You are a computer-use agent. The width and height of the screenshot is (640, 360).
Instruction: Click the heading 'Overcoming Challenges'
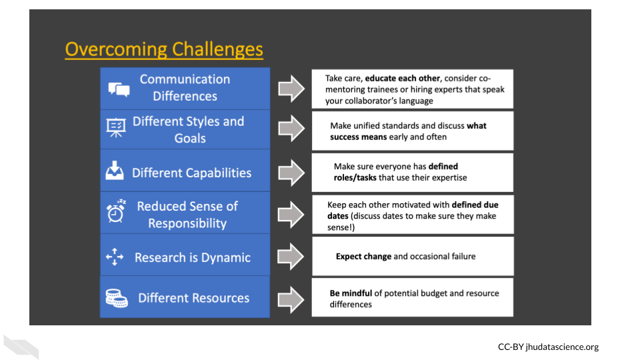[x=164, y=49]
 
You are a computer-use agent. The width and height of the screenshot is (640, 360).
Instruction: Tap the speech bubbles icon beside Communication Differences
[x=118, y=89]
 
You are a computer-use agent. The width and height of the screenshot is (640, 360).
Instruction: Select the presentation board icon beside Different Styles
[x=117, y=128]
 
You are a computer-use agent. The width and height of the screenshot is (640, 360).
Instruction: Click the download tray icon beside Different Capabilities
[x=115, y=171]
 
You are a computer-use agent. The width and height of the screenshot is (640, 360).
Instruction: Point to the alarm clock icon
[x=116, y=211]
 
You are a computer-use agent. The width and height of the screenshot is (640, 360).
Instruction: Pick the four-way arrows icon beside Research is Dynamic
[x=115, y=257]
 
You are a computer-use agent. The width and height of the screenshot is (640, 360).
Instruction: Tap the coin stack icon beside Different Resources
[x=117, y=298]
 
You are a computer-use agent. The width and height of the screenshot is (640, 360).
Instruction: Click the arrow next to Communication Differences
[x=291, y=89]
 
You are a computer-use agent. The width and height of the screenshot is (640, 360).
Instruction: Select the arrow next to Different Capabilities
[x=291, y=172]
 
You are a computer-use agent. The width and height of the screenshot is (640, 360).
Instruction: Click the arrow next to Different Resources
[x=291, y=298]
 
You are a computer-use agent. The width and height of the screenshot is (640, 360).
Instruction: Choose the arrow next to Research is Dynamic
[x=291, y=257]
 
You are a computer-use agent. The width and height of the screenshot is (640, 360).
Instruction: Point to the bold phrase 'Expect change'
[x=363, y=256]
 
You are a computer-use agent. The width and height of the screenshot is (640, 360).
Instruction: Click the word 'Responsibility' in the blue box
[x=187, y=223]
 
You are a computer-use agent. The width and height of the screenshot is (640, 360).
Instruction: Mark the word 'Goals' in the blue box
[x=190, y=139]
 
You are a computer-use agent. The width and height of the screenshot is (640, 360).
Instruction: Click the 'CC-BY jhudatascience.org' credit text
[x=548, y=347]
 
